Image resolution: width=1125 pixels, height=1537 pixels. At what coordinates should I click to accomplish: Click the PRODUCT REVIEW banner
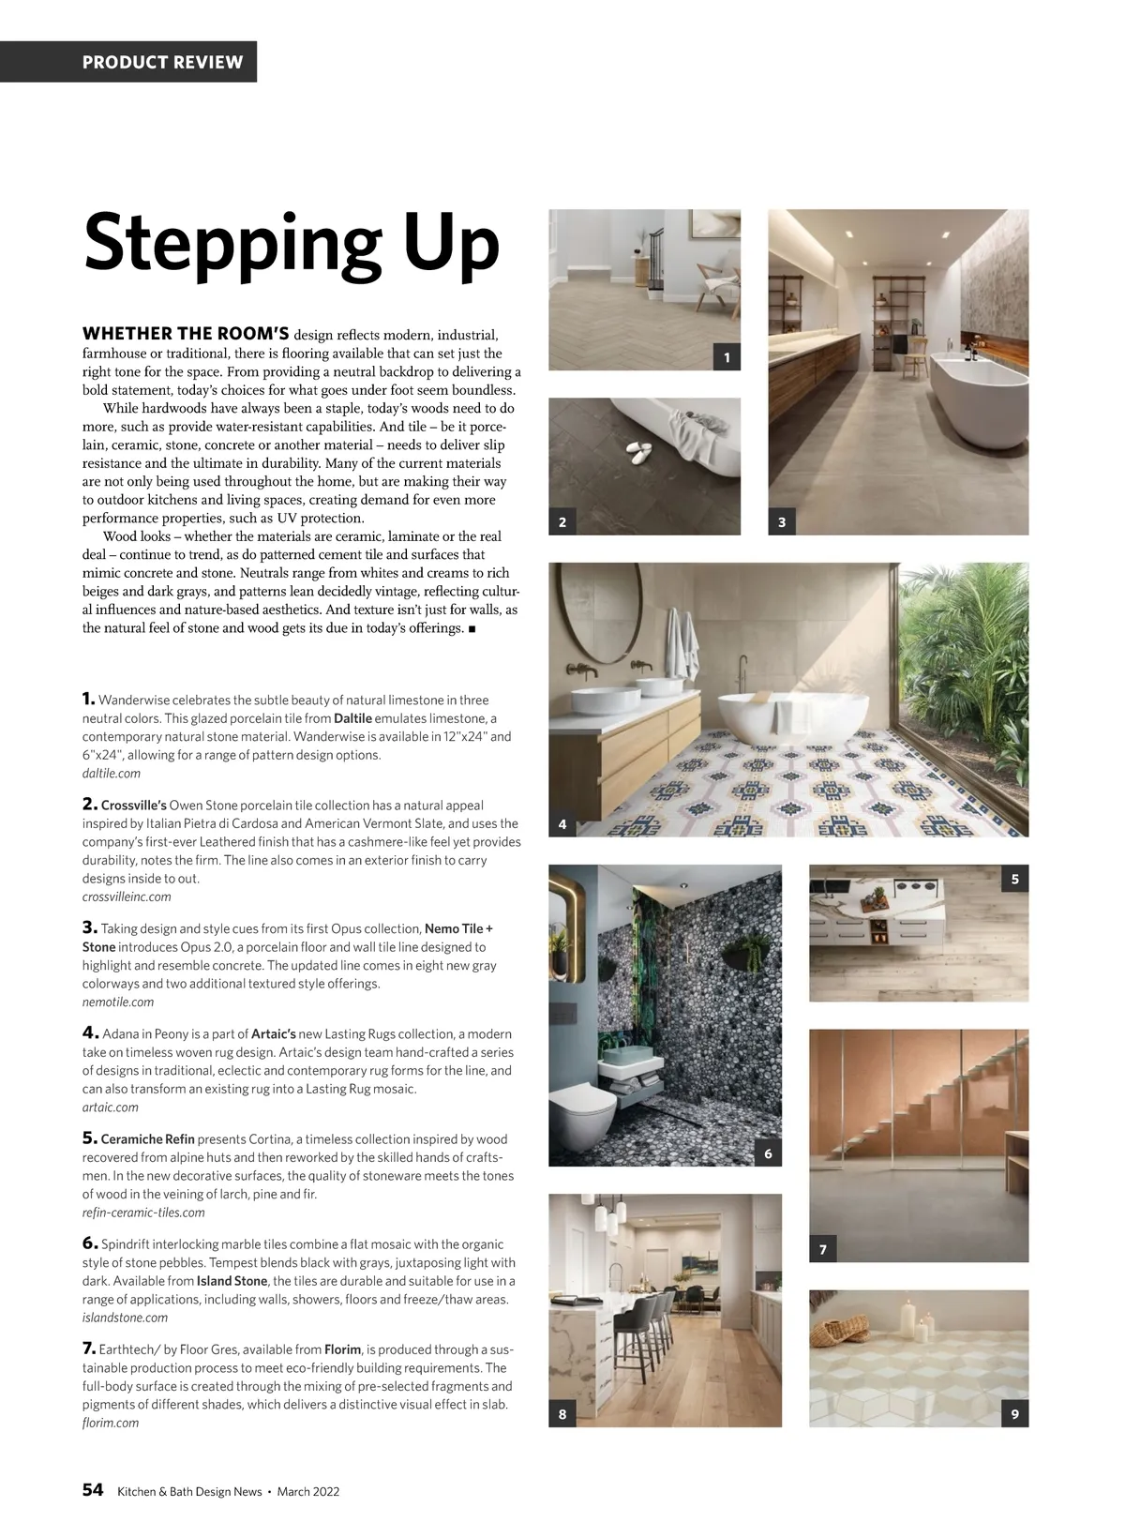[x=162, y=63]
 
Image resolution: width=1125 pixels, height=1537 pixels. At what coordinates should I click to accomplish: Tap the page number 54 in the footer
[x=93, y=1491]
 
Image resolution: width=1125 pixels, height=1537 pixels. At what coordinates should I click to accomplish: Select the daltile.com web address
[x=112, y=774]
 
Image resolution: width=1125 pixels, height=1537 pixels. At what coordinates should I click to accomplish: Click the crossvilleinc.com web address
[x=127, y=897]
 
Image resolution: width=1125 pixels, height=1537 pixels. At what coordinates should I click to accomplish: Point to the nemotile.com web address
[x=118, y=1002]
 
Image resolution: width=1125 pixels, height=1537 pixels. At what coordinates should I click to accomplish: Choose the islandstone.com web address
[x=125, y=1318]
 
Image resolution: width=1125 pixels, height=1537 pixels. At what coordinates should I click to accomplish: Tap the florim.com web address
[x=111, y=1423]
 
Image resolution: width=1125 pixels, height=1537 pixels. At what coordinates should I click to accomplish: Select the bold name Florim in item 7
[x=343, y=1349]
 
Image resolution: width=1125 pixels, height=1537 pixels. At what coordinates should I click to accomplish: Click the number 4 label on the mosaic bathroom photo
[x=562, y=825]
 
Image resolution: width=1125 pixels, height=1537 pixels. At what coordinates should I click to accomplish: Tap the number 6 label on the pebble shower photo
[x=768, y=1153]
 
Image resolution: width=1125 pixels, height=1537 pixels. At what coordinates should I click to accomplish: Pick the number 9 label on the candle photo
[x=1014, y=1415]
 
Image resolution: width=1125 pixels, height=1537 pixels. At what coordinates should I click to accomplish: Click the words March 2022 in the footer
[x=308, y=1492]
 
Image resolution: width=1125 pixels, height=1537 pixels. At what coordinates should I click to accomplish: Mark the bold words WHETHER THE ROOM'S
[x=186, y=334]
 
